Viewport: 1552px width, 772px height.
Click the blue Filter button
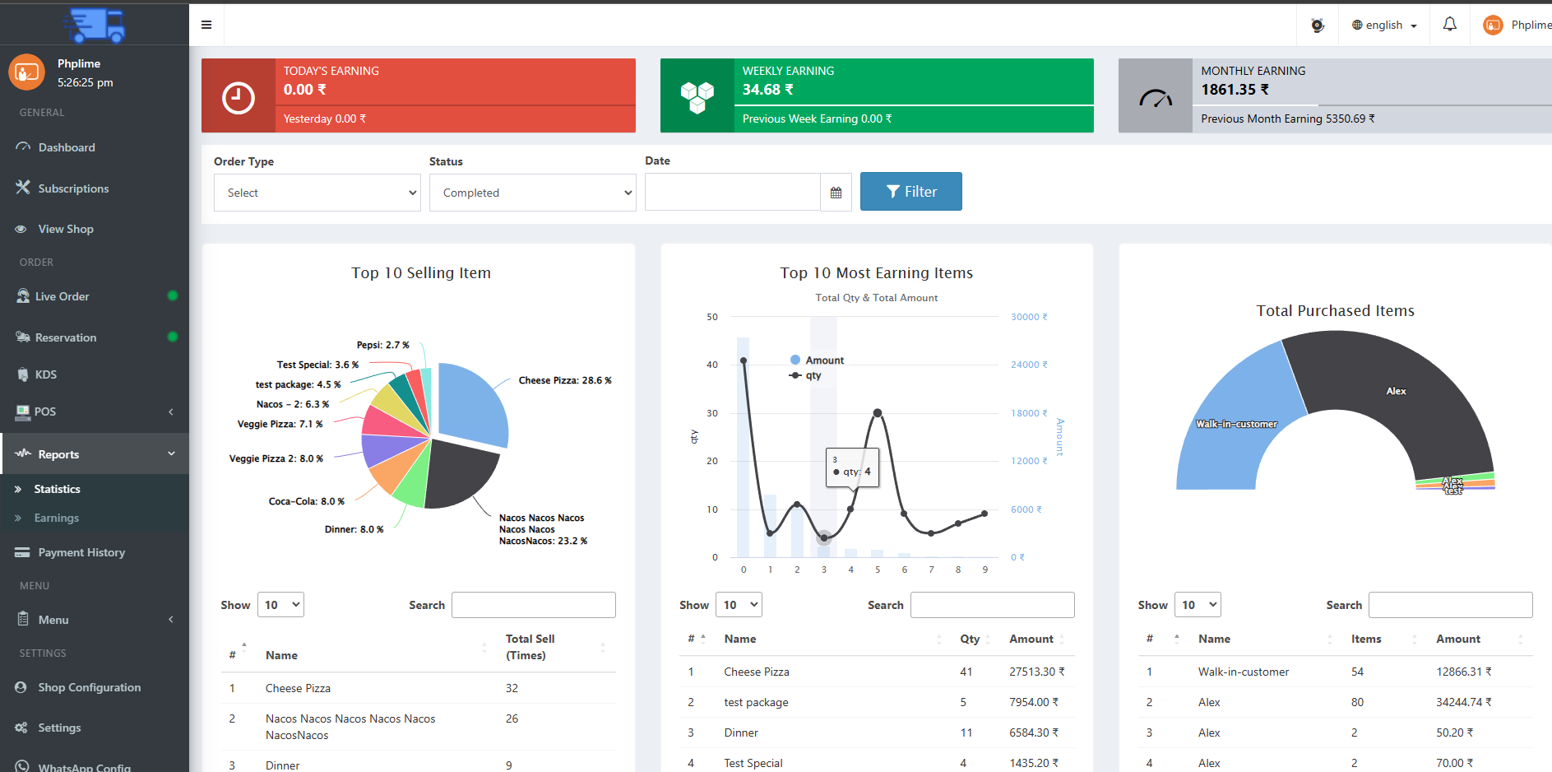coord(910,192)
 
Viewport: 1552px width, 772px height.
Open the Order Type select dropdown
coord(317,193)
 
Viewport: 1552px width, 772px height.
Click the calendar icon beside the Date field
coord(836,193)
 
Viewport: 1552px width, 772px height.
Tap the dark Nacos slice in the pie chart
coord(456,473)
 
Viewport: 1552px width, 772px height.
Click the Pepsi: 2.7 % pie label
coord(382,345)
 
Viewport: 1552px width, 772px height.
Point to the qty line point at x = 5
coord(878,413)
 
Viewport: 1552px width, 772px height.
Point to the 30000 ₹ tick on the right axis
coord(1028,317)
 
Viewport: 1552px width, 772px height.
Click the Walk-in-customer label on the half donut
coord(1236,424)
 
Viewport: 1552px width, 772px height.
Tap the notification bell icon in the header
coord(1449,25)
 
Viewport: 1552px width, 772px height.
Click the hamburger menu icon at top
coord(206,25)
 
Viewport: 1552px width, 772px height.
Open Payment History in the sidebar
coord(81,552)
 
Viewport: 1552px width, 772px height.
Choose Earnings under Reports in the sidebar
coord(57,518)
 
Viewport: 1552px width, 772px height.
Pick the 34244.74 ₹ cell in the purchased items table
coord(1463,702)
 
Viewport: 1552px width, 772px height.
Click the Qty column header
coord(970,639)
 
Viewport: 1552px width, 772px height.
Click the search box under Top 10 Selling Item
coord(533,605)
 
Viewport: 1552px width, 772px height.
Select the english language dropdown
coord(1384,25)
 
